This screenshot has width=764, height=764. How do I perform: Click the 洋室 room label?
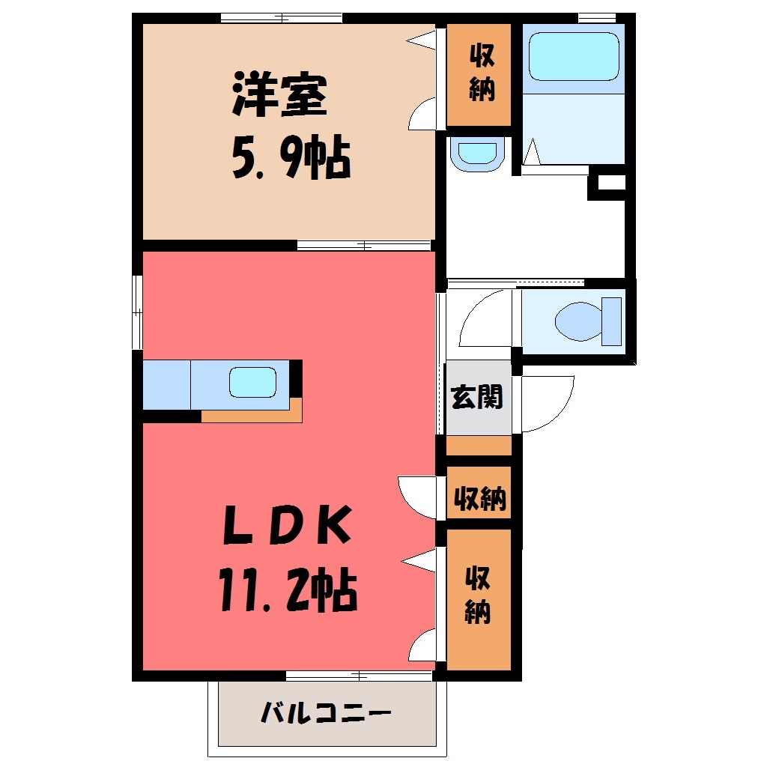(279, 94)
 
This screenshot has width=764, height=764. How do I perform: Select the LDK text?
(287, 524)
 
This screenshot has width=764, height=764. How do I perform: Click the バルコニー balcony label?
(326, 713)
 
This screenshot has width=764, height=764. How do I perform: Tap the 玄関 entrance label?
(477, 397)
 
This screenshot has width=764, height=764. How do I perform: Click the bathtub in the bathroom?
(574, 56)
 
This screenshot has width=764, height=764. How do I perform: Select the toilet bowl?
(588, 321)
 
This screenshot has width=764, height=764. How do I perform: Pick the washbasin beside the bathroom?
(478, 154)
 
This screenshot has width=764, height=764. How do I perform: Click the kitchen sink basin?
(253, 381)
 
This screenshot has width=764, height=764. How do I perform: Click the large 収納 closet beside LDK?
(479, 600)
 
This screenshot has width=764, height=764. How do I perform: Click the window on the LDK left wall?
(137, 312)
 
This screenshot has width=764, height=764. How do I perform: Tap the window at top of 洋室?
(281, 18)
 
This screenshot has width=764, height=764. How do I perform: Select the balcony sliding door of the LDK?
(359, 676)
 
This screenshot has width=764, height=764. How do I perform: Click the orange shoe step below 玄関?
(479, 446)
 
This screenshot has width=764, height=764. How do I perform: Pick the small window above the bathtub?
(597, 18)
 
